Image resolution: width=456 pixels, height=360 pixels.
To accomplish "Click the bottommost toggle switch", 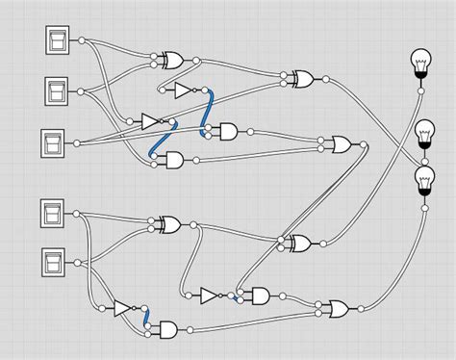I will [54, 260].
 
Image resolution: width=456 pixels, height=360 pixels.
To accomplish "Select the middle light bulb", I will [424, 133].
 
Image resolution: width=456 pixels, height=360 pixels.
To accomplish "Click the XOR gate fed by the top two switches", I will [173, 61].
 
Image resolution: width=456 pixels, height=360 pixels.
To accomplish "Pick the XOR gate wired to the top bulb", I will [301, 77].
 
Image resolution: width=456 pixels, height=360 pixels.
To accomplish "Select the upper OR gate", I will [341, 144].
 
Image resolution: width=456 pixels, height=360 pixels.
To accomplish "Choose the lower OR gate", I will [338, 309].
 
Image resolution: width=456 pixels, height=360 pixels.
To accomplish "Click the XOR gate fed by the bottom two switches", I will [169, 224].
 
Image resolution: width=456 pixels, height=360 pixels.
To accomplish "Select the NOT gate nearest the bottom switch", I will [123, 309].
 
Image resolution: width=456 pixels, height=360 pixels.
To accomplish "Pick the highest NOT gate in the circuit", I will [184, 90].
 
